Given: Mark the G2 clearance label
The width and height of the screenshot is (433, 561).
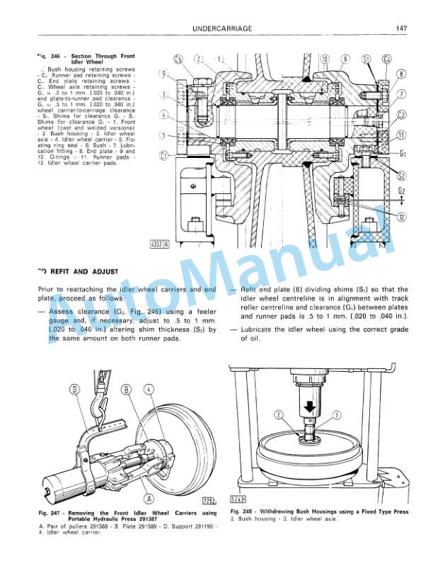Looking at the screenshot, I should coord(402,191).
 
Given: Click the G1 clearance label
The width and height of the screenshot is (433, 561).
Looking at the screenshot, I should coord(402,152).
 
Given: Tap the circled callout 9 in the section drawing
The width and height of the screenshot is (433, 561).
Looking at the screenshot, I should coord(163,73).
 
